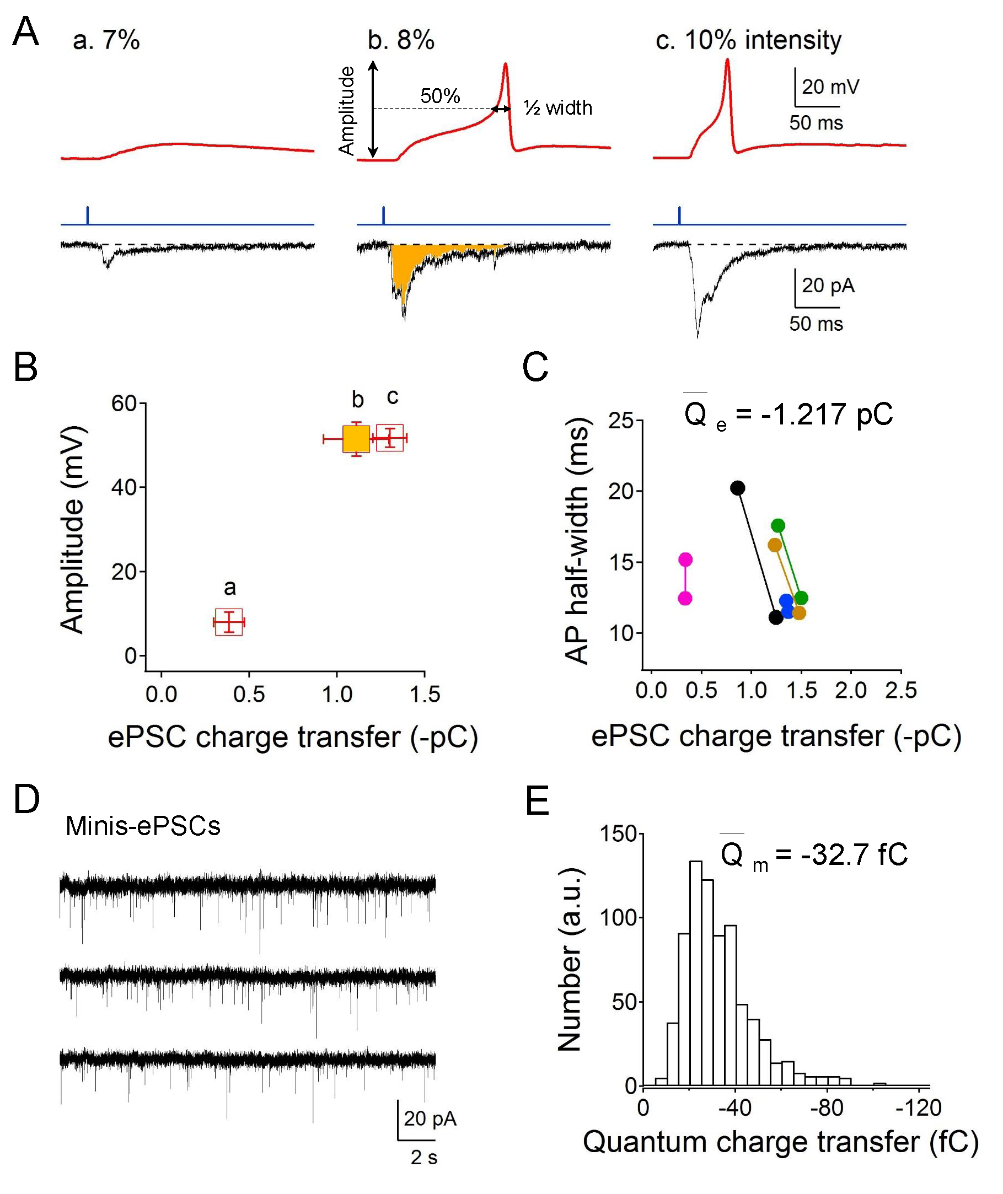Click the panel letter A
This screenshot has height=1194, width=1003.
pos(25,33)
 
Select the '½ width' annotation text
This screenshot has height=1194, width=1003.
pos(557,107)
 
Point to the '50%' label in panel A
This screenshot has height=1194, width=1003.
pos(439,95)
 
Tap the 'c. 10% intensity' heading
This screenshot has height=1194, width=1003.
pos(748,40)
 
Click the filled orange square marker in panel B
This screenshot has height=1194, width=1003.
pos(356,439)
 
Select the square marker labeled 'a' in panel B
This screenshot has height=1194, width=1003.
pos(229,622)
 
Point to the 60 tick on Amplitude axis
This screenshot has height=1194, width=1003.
pos(124,404)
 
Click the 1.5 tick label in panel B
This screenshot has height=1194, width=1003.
pos(425,694)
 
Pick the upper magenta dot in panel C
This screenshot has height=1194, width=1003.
pos(685,560)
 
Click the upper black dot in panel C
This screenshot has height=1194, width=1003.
pos(737,488)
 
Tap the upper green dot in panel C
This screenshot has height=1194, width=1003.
pos(778,525)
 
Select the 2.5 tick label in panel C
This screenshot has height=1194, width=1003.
pos(900,690)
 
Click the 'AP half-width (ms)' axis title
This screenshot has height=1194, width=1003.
pos(578,541)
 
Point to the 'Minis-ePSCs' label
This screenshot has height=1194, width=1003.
pos(143,826)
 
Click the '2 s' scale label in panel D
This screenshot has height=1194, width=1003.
pos(423,1157)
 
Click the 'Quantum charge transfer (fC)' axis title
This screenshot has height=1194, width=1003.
pos(781,1142)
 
